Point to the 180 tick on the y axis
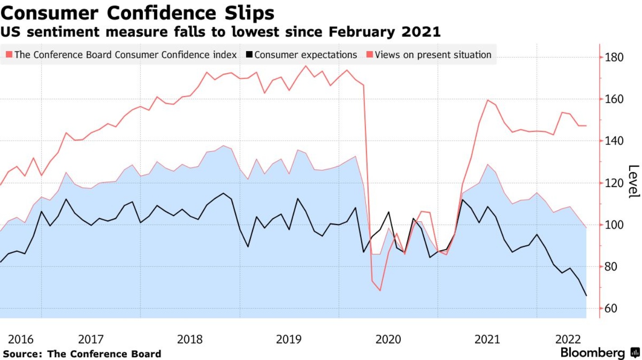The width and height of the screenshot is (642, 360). coord(614,58)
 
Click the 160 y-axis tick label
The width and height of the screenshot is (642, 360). coord(614,99)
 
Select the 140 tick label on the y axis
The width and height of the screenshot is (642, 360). coord(614,141)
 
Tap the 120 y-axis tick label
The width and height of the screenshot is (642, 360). coord(614,183)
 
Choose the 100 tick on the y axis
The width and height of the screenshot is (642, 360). coord(614,225)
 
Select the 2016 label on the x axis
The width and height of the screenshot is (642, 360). coord(21,339)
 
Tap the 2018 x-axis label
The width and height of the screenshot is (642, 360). coord(190,339)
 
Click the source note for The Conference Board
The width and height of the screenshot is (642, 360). coord(82,354)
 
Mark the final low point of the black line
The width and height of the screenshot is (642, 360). coord(586,296)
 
